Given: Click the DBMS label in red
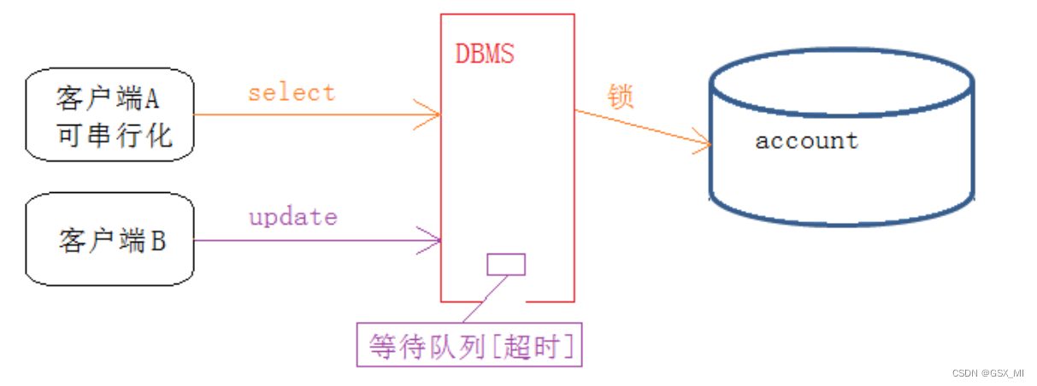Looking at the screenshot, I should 485,55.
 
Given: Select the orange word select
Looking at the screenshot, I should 292,91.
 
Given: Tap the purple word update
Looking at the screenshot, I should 292,217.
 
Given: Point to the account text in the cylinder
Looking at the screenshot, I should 806,140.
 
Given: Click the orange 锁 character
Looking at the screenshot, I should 621,96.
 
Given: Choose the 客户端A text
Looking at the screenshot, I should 108,100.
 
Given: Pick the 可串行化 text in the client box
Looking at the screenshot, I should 115,135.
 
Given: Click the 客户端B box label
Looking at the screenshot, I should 112,241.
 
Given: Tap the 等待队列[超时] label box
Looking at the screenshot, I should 469,347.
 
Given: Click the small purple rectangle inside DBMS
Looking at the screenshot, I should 506,265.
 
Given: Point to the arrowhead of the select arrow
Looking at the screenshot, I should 431,114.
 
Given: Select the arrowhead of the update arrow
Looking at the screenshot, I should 432,240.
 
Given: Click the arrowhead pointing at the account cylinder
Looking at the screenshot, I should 703,146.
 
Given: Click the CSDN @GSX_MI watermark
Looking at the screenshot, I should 987,373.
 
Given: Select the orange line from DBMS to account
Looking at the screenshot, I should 641,127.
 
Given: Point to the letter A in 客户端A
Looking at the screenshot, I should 150,100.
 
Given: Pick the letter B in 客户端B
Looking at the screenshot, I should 157,241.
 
